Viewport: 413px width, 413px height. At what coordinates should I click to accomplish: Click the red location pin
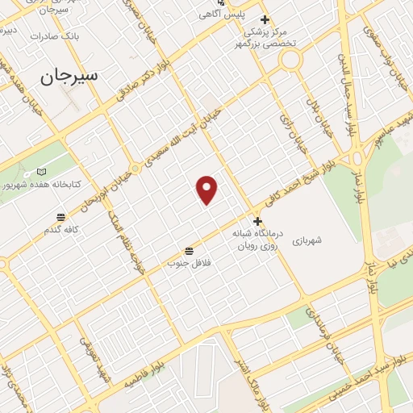click(x=207, y=190)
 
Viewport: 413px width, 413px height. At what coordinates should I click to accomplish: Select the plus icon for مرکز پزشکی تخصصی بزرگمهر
click(x=264, y=20)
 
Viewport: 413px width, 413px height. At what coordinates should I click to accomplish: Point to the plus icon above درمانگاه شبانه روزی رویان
click(x=257, y=221)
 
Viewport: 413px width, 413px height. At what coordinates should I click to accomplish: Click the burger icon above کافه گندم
click(x=60, y=216)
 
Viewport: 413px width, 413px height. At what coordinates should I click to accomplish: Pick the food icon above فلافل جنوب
click(x=189, y=250)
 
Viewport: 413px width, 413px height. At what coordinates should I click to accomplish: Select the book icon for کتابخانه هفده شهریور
click(x=42, y=172)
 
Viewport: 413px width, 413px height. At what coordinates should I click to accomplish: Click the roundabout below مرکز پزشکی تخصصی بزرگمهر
click(x=290, y=59)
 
